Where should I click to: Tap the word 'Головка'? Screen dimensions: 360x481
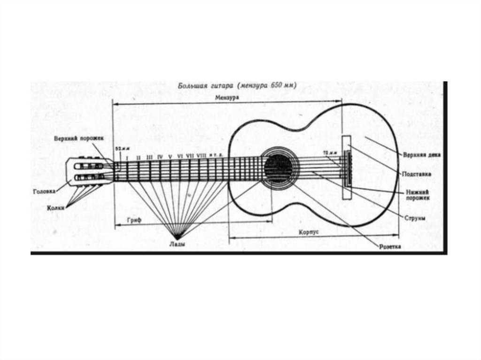pyautogui.click(x=44, y=191)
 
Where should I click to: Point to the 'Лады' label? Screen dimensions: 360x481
pyautogui.click(x=178, y=244)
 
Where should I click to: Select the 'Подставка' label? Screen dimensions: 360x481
pyautogui.click(x=416, y=174)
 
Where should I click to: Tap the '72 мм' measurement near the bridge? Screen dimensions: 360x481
pyautogui.click(x=330, y=153)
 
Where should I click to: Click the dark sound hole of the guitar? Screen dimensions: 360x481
pyautogui.click(x=278, y=169)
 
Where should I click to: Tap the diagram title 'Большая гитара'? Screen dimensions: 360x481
pyautogui.click(x=205, y=86)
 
